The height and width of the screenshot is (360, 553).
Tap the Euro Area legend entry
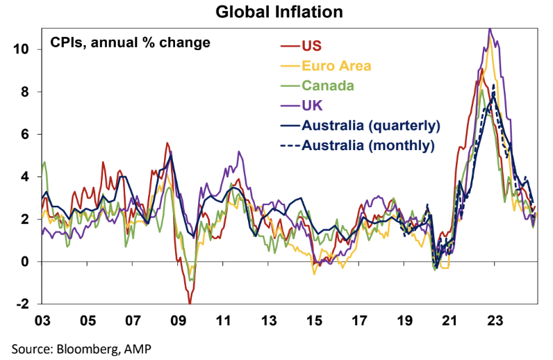pyautogui.click(x=336, y=67)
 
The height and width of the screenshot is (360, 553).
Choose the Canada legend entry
pyautogui.click(x=327, y=86)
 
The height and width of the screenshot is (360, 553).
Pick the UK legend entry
pyautogui.click(x=312, y=106)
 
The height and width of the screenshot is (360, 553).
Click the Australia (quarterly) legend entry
pyautogui.click(x=370, y=126)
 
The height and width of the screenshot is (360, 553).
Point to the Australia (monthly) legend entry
pyautogui.click(x=368, y=145)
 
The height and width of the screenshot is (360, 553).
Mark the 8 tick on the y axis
pyautogui.click(x=26, y=92)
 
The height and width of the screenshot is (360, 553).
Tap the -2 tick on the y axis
pyautogui.click(x=24, y=304)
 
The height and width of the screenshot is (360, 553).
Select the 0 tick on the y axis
pyautogui.click(x=26, y=262)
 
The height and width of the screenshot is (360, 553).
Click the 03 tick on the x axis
pyautogui.click(x=42, y=322)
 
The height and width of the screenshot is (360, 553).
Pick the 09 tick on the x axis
pyautogui.click(x=178, y=322)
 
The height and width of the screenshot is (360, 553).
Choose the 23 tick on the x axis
pyautogui.click(x=495, y=322)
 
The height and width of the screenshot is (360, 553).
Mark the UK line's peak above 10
pyautogui.click(x=490, y=29)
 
